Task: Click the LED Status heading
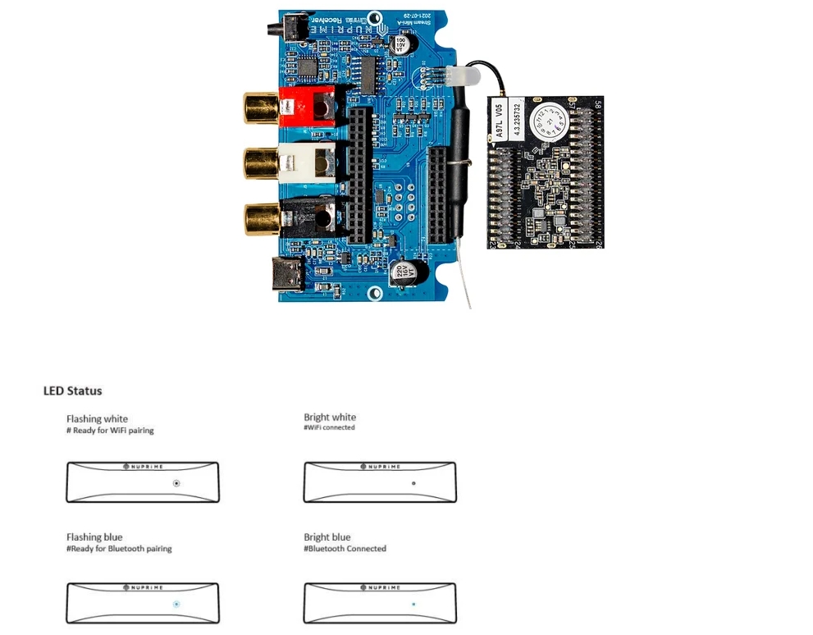tap(72, 391)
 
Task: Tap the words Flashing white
tap(97, 419)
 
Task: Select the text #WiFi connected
tap(329, 427)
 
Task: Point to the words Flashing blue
tap(94, 537)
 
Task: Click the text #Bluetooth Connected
tap(345, 548)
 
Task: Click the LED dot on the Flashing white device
tap(176, 483)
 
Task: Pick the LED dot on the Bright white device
tap(413, 483)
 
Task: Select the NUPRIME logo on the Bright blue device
tap(380, 587)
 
